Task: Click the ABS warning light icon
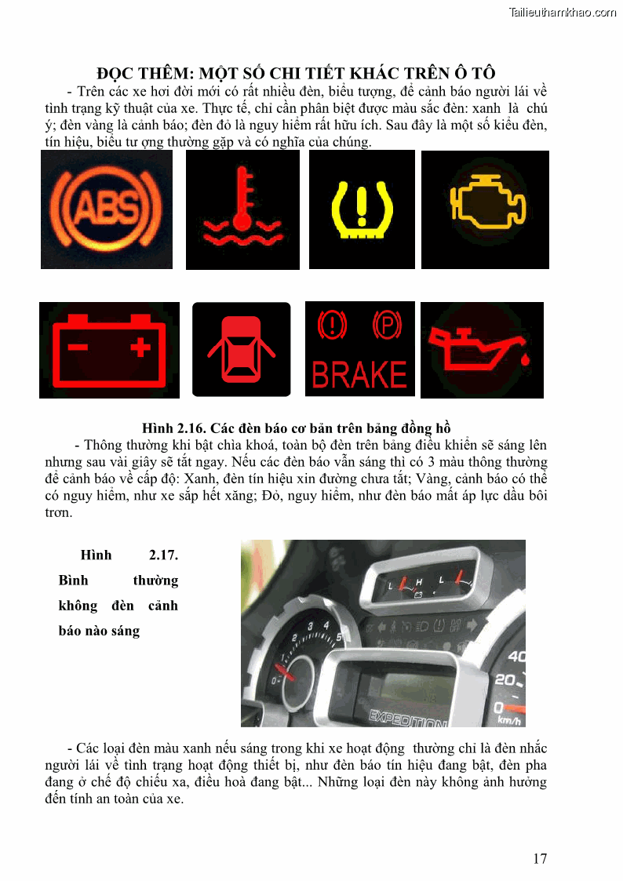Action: pos(107,209)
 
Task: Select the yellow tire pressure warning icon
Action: pos(362,209)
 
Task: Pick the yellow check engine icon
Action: pos(487,201)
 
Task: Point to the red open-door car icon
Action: pos(242,349)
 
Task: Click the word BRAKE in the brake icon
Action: pos(359,375)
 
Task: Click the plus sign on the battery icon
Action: pos(140,347)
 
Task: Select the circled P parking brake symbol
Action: pos(387,325)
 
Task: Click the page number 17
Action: pos(540,858)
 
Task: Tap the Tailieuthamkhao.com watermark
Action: pos(563,13)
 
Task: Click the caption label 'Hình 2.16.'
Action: pos(174,428)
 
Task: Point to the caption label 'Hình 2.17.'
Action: pos(129,555)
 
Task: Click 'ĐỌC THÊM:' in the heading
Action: pos(145,73)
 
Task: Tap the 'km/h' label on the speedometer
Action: pos(509,720)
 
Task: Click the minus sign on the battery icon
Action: pos(78,347)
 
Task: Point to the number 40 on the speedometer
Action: pos(516,657)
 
